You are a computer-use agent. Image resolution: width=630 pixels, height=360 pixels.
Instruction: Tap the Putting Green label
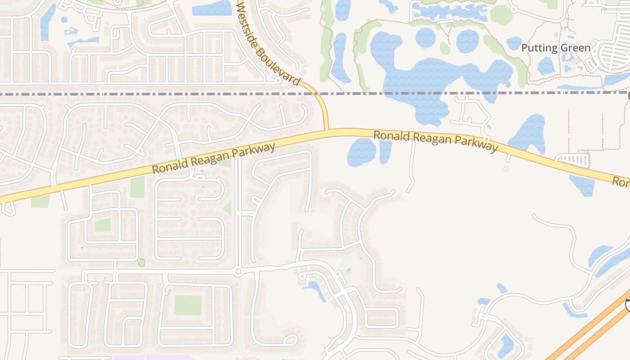click(x=556, y=48)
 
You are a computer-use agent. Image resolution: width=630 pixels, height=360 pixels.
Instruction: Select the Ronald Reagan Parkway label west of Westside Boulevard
click(x=214, y=158)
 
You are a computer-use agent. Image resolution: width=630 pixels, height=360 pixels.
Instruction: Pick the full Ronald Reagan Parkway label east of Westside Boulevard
click(x=436, y=141)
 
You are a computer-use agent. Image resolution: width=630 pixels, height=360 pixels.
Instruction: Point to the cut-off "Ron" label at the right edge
click(x=621, y=182)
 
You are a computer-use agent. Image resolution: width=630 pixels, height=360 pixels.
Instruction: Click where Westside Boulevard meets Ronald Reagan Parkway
click(x=327, y=130)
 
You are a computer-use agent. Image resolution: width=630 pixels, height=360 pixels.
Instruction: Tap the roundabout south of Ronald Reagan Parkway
click(x=238, y=271)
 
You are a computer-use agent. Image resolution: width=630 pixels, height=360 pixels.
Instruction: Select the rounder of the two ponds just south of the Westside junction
click(x=361, y=152)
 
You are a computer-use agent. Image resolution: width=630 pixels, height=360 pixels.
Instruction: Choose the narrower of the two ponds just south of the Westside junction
click(x=385, y=151)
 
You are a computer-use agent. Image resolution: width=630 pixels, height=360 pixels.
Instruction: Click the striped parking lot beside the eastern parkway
click(x=573, y=160)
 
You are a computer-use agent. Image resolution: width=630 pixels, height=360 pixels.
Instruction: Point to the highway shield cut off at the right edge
click(x=627, y=306)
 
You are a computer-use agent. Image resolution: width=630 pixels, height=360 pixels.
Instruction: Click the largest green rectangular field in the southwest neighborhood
click(x=188, y=305)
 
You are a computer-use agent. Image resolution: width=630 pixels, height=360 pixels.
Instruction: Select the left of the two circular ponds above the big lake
click(x=425, y=37)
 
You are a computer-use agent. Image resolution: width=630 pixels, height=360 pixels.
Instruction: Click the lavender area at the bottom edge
click(x=153, y=357)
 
